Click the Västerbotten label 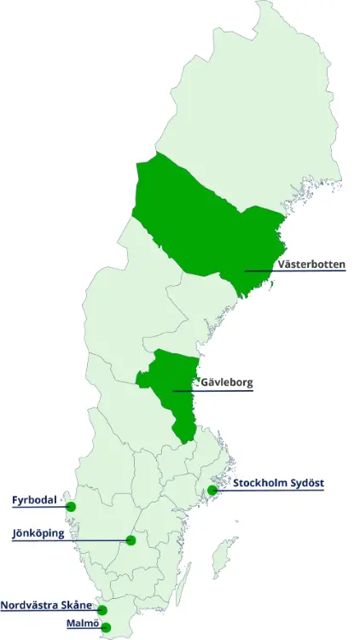[x=311, y=265]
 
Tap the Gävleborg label [x=227, y=382]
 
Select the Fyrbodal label [x=34, y=499]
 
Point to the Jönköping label [x=38, y=533]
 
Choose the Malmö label [x=83, y=623]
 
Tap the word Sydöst [x=308, y=483]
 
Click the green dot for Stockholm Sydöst [x=212, y=490]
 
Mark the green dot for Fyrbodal [x=71, y=507]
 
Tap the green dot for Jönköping [x=131, y=540]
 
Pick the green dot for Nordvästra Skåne [x=102, y=610]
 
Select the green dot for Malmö [x=106, y=628]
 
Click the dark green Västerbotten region [x=205, y=222]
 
